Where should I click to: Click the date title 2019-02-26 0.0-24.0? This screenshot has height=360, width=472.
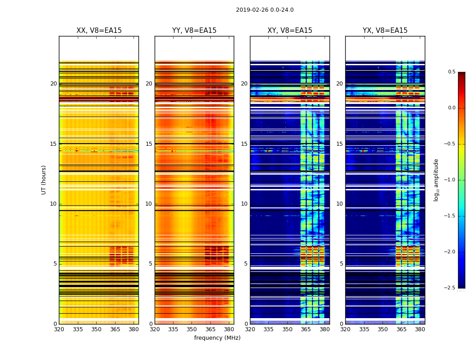pos(264,10)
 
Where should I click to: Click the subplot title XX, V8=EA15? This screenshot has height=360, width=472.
pos(99,31)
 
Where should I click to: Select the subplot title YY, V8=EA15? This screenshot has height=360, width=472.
pos(194,31)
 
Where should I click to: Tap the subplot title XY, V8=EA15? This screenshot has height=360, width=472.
pos(289,31)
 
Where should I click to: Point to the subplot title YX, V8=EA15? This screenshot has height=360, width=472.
pos(385,31)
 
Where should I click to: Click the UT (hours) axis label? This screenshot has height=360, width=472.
pos(44,180)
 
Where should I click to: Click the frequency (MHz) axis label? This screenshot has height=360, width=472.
pos(217,338)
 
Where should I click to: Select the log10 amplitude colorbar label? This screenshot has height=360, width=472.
pos(436,180)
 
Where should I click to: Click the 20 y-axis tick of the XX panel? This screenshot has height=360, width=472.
pos(53,84)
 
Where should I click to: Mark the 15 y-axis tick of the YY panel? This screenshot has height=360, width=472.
pos(149,144)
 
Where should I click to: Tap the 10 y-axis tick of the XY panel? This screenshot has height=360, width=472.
pos(244,204)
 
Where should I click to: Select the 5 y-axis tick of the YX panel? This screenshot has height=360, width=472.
pos(341,264)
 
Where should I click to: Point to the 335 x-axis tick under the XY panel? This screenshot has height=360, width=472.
pos(268,329)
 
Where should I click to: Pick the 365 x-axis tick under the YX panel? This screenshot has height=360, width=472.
pos(401,329)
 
